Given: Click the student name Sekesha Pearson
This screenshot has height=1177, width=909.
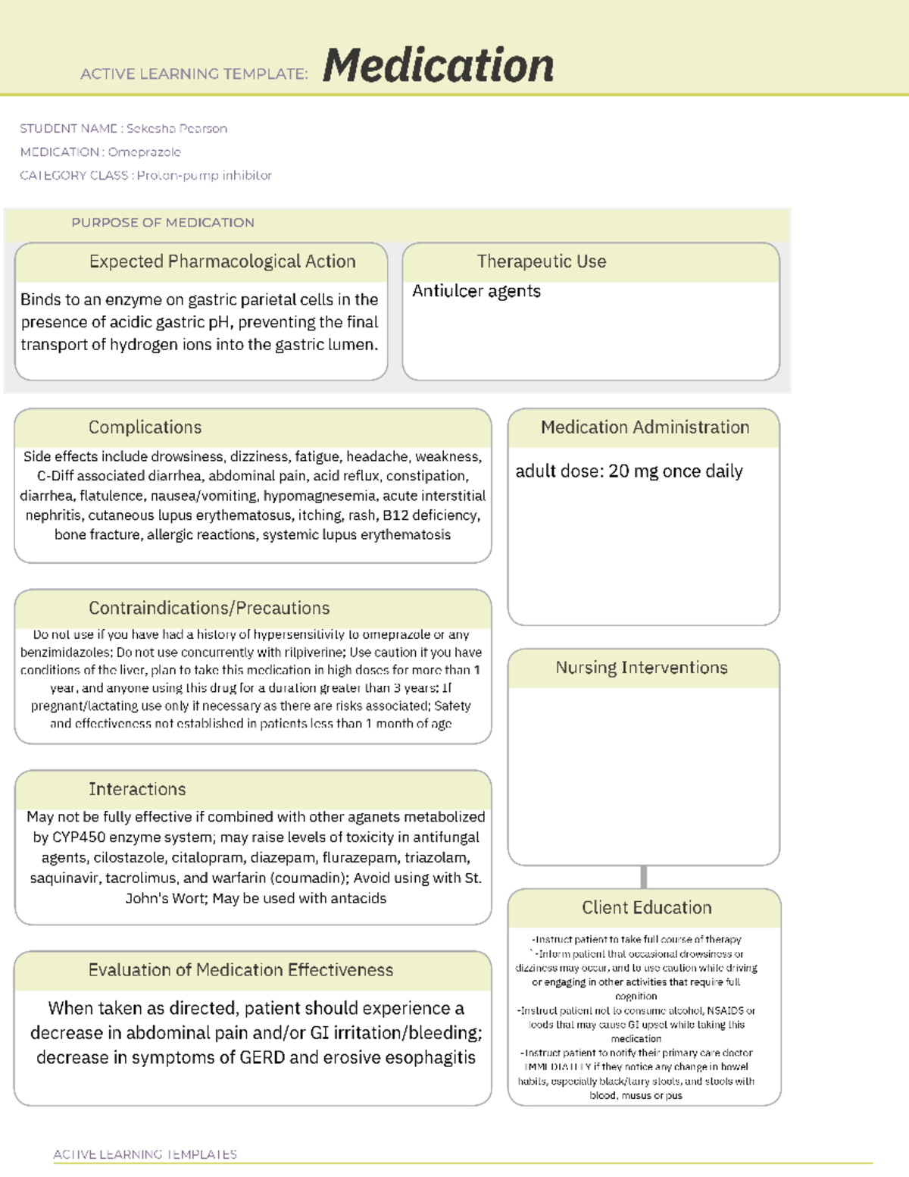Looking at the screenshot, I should tap(176, 129).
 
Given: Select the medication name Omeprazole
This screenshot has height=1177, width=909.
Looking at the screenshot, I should tap(144, 152).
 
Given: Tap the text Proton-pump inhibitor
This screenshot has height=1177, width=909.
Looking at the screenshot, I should tap(204, 176).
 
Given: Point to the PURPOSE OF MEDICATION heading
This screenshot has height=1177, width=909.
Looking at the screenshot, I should tap(163, 223).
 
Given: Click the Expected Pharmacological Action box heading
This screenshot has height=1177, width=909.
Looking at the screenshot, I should tap(222, 261).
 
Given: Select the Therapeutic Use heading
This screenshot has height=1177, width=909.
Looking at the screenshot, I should tap(541, 261).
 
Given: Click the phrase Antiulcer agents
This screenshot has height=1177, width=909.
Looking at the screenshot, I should tap(476, 292).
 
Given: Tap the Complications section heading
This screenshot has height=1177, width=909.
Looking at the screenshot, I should tap(145, 427).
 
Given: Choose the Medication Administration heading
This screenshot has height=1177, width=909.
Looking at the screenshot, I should tap(645, 427).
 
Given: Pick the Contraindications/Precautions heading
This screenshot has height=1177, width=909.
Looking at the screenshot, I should tap(209, 609).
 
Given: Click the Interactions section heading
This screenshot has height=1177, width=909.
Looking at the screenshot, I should tap(137, 790).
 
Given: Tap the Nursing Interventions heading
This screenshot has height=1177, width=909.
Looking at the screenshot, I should tap(642, 668).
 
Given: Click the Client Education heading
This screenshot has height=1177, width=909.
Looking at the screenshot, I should tap(646, 908).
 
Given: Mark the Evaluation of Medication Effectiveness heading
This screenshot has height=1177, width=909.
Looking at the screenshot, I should tap(241, 970).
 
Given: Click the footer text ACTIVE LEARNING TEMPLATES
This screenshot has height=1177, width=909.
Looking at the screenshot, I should tap(145, 1154).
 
